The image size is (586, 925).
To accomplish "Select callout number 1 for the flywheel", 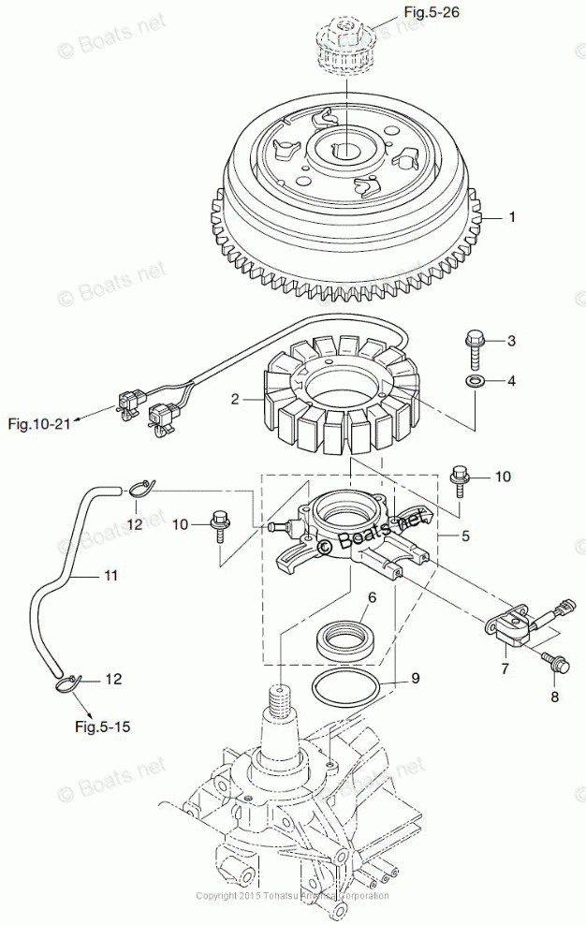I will coord(512,217).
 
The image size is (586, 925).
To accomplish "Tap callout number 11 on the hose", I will coord(110,576).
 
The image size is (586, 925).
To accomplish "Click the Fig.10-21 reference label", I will coord(39,424).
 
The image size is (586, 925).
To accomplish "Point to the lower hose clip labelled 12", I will coord(68,682).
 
